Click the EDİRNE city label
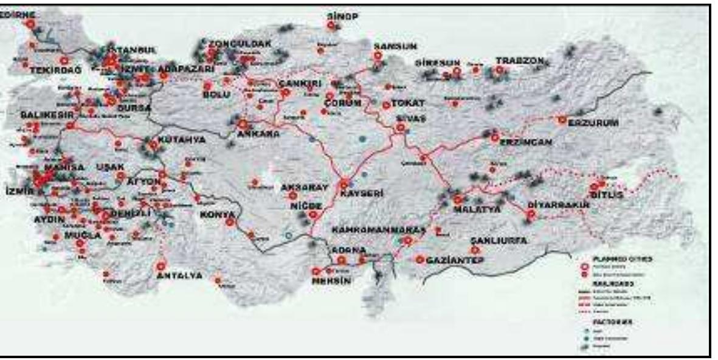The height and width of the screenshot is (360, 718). pyautogui.click(x=18, y=13)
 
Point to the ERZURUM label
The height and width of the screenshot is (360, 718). pyautogui.click(x=594, y=123)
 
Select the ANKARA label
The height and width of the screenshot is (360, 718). pyautogui.click(x=258, y=134)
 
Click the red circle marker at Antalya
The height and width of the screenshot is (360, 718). pyautogui.click(x=161, y=266)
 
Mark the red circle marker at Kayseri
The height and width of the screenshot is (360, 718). pyautogui.click(x=345, y=183)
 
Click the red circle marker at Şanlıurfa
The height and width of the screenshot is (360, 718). pyautogui.click(x=474, y=250)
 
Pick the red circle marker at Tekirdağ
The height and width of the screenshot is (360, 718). pyautogui.click(x=64, y=60)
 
